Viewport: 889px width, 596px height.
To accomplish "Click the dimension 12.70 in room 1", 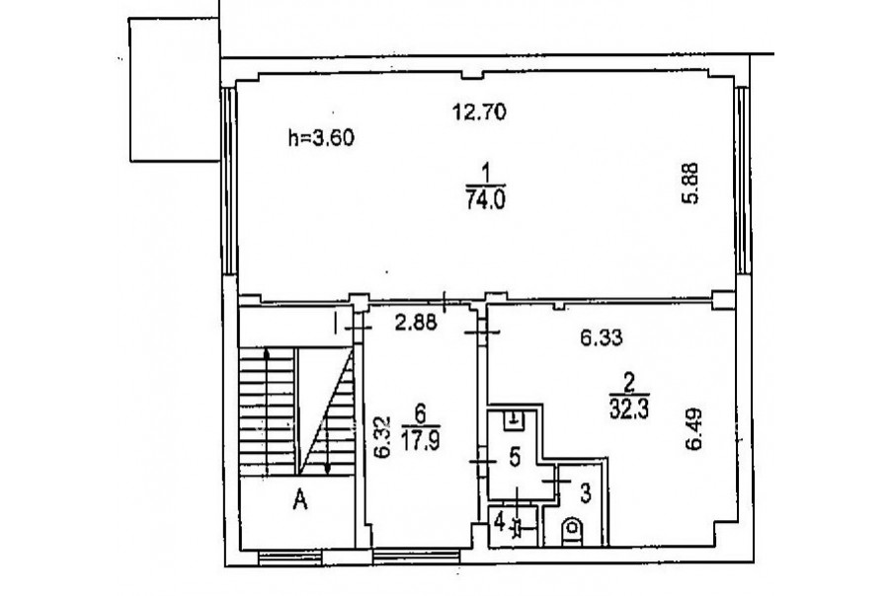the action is coord(479,112).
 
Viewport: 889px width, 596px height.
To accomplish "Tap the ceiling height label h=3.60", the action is coord(321,138).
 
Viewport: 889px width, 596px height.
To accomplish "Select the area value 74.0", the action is coord(485,200).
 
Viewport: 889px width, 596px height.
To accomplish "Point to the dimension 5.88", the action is coord(690,183).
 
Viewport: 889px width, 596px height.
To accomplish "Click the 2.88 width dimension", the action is coord(416,323).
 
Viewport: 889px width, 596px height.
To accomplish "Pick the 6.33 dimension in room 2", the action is coord(601,338).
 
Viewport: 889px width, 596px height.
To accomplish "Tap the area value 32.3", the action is coord(629,410).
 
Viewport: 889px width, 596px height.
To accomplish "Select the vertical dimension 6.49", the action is coord(694,429).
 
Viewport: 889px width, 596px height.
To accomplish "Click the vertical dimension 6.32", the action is coord(383,437).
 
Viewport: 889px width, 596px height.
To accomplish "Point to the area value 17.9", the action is coord(420,440).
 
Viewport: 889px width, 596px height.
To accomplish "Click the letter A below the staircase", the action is coord(300,500).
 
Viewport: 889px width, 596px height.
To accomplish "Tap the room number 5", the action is coord(515,457).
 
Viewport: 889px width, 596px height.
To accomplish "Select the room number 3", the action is coord(586,493).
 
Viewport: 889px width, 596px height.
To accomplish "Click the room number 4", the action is coord(499,521).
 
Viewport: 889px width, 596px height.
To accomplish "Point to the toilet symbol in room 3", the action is coord(572,532).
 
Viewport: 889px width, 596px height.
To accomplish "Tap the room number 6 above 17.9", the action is coord(420,415).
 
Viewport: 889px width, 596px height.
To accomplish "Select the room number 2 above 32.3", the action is coord(629,385).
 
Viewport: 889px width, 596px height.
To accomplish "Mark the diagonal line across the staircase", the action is coord(326,411).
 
